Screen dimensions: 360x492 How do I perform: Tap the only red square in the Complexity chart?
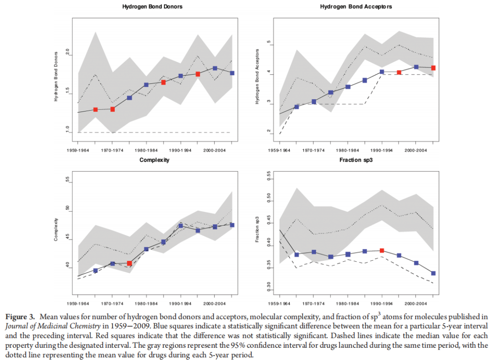click(129, 263)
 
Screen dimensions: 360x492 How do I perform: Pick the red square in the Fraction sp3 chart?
click(382, 250)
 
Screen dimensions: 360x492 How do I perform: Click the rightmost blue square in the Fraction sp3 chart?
click(433, 273)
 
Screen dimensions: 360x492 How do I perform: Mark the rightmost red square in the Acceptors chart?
click(433, 68)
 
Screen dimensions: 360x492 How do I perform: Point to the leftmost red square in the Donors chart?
click(95, 110)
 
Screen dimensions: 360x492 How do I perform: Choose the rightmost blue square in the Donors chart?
click(232, 73)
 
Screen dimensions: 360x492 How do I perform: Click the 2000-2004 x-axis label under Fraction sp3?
click(416, 303)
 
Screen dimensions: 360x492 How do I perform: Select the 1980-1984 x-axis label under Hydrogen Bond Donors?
click(147, 149)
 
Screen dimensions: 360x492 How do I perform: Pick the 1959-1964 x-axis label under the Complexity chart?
click(78, 303)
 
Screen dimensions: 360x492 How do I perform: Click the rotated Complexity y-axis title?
click(56, 230)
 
